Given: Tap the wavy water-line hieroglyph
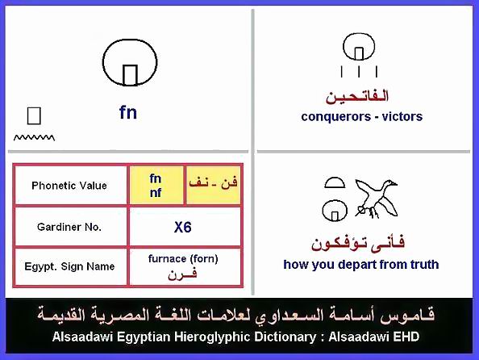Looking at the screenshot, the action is coord(34,138).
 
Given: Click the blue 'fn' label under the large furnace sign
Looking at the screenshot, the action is coord(128,112).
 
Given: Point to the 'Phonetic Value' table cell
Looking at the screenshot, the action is coord(69,186).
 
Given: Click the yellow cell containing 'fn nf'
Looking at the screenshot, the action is coord(156,186).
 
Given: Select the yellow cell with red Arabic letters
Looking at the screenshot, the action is coord(213,186).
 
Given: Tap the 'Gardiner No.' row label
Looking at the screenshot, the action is coord(69,227).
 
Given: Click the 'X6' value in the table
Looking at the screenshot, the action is coord(183,228).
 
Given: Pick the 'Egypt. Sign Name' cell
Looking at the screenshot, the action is coord(69,266).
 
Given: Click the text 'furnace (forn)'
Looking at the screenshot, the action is coord(183,259).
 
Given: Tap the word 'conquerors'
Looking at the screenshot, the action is coord(335,116).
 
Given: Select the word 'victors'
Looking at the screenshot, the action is coord(402,116).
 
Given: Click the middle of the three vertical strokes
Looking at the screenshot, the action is coord(359,72).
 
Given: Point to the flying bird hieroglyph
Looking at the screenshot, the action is coord(377,199).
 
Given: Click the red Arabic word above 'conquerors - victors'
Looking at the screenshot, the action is coord(356,96).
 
